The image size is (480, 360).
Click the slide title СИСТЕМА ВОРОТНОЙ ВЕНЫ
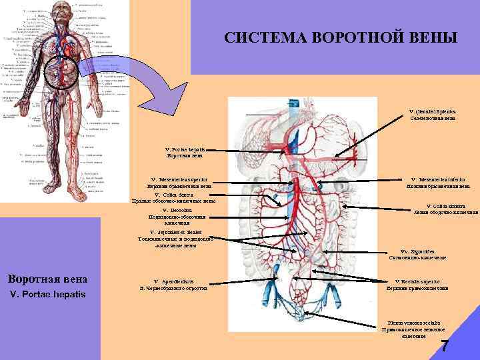tap(341, 38)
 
